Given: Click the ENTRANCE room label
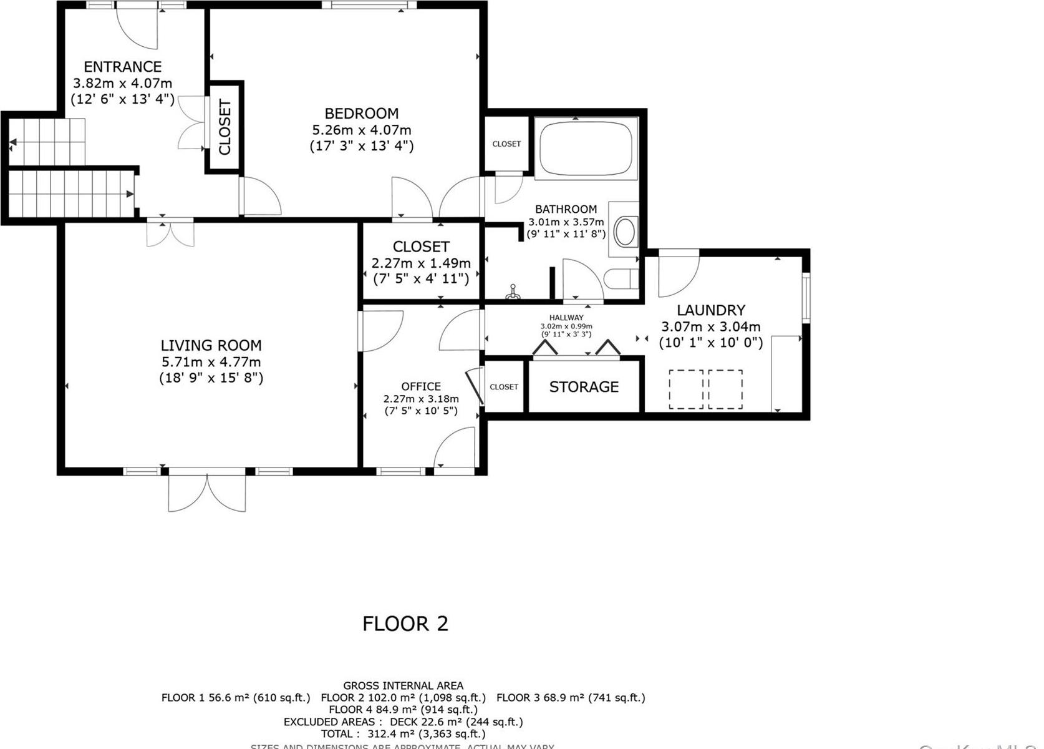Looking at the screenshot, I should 123,67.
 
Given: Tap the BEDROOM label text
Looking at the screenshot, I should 361,114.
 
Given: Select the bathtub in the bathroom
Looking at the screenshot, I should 586,149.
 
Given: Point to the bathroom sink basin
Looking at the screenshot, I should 625,232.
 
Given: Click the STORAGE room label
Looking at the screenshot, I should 584,387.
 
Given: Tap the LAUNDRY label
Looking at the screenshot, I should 710,310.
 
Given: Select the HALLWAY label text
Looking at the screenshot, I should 566,318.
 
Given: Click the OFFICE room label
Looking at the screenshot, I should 421,387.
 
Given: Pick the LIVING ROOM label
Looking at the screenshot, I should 211,345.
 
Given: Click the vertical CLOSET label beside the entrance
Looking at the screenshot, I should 225,127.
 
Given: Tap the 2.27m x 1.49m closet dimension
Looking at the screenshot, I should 421,263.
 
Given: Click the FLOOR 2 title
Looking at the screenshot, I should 405,624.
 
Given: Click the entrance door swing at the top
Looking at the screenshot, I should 138,28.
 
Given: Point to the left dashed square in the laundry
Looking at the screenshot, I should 686,389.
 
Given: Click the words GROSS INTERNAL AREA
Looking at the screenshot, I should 403,686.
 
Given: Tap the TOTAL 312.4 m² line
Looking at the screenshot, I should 403,734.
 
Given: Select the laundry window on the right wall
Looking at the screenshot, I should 805,297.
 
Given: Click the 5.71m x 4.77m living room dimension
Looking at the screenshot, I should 211,362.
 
